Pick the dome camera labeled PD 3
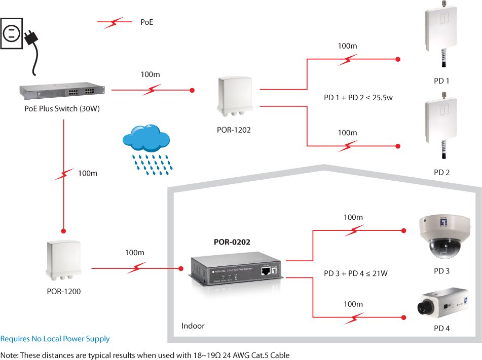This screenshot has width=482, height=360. tap(440, 235)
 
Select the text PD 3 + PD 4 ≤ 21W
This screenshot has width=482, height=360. tap(356, 274)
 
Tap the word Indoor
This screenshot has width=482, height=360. tap(193, 326)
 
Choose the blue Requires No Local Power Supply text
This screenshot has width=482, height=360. tap(55, 339)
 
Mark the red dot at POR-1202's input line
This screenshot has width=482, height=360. tap(192, 91)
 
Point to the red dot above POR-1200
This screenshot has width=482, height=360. tap(63, 228)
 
